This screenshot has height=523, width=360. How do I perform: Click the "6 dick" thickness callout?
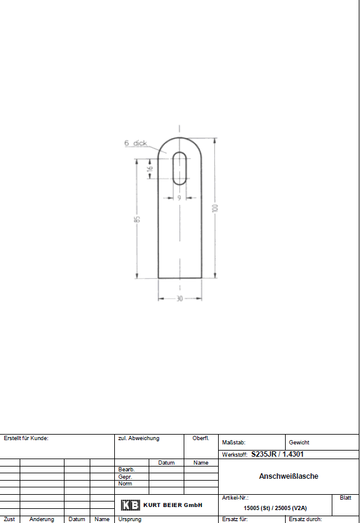click(x=136, y=143)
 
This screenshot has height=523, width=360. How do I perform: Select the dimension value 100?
click(x=216, y=208)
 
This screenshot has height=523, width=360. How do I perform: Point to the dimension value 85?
click(x=137, y=219)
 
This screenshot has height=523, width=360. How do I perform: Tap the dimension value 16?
click(x=151, y=168)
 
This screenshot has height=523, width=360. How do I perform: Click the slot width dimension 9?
click(x=179, y=198)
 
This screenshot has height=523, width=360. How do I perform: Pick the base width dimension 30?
click(x=179, y=298)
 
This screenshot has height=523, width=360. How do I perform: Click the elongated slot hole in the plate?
click(x=179, y=168)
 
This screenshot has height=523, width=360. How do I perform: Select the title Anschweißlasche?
click(x=289, y=476)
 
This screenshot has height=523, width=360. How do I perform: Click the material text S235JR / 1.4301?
click(x=277, y=454)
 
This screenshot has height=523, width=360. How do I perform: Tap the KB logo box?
click(x=130, y=505)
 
